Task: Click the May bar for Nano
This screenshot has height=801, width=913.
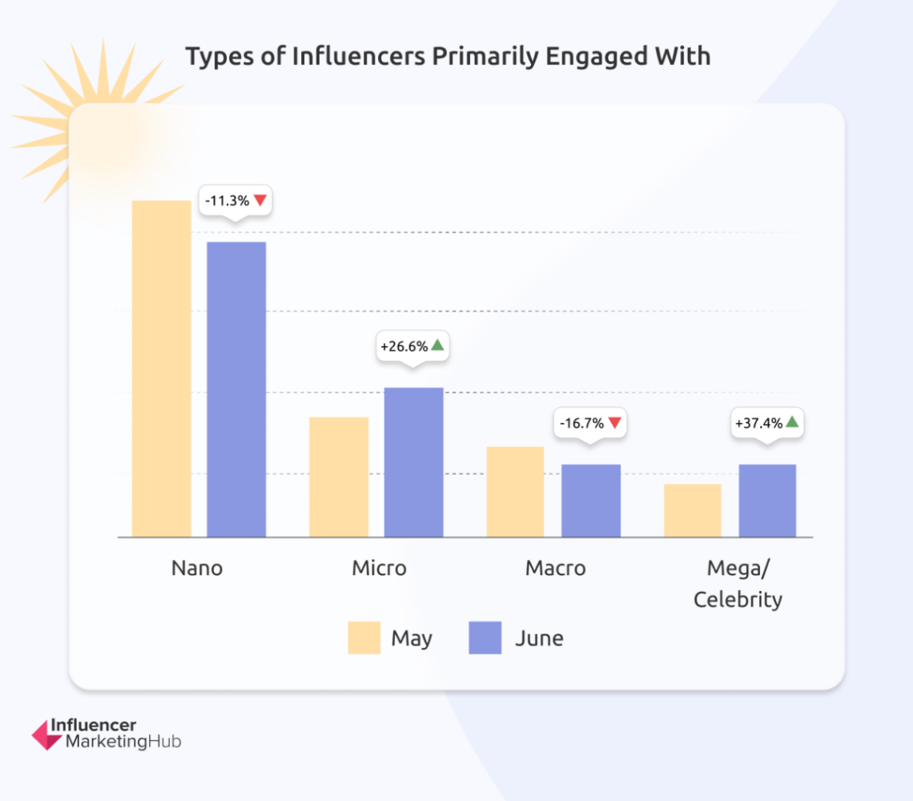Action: pyautogui.click(x=162, y=368)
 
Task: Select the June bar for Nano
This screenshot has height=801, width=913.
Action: pyautogui.click(x=236, y=389)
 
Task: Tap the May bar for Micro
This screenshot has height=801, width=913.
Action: pyautogui.click(x=339, y=477)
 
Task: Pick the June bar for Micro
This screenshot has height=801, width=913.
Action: pyautogui.click(x=413, y=462)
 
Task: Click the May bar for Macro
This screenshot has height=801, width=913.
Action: pyautogui.click(x=515, y=491)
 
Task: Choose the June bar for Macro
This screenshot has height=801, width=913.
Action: pyautogui.click(x=590, y=501)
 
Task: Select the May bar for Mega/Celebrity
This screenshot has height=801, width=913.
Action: pyautogui.click(x=692, y=510)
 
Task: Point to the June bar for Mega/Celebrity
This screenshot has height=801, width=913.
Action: pyautogui.click(x=767, y=501)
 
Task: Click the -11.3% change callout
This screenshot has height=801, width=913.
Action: pyautogui.click(x=235, y=200)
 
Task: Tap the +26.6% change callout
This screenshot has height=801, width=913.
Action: pyautogui.click(x=413, y=346)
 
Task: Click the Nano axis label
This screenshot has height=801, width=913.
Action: pyautogui.click(x=197, y=568)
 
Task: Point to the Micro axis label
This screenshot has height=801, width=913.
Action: pyautogui.click(x=379, y=568)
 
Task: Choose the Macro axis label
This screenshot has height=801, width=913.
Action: pyautogui.click(x=555, y=568)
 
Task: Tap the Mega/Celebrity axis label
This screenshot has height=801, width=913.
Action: pyautogui.click(x=738, y=583)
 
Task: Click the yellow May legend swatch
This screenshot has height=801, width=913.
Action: pyautogui.click(x=364, y=638)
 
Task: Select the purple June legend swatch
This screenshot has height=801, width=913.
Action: pyautogui.click(x=485, y=638)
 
